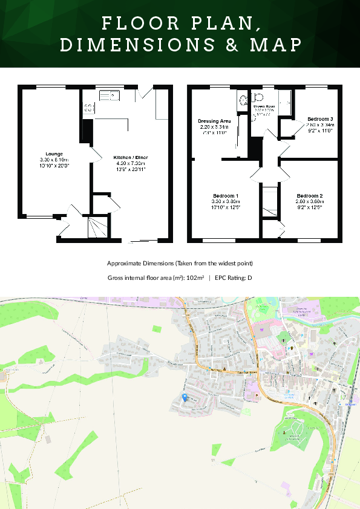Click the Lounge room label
pyautogui.click(x=54, y=154)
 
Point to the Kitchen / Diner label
pyautogui.click(x=131, y=157)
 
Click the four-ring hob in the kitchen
pyautogui.click(x=88, y=108)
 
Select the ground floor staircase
pyautogui.click(x=97, y=227)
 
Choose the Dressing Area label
pyautogui.click(x=214, y=121)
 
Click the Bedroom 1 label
pyautogui.click(x=224, y=196)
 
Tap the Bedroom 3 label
pyautogui.click(x=319, y=118)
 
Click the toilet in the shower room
pyautogui.click(x=258, y=97)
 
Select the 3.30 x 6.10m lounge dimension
pyautogui.click(x=54, y=160)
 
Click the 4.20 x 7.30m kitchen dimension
pyautogui.click(x=131, y=163)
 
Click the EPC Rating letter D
pyautogui.click(x=249, y=278)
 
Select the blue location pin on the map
pyautogui.click(x=185, y=397)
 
